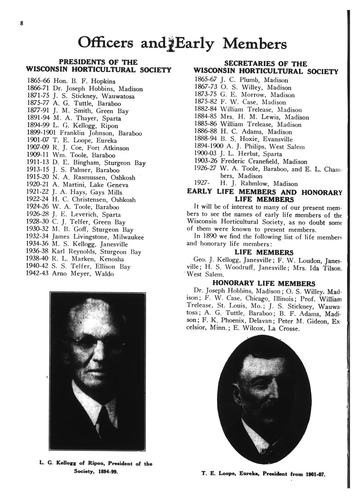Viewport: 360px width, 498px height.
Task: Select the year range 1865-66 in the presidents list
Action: pyautogui.click(x=38, y=81)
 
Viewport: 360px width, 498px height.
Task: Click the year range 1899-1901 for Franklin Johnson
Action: pyautogui.click(x=43, y=133)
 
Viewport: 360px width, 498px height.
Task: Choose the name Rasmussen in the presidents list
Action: pyautogui.click(x=90, y=177)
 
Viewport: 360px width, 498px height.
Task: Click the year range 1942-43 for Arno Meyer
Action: pyautogui.click(x=38, y=274)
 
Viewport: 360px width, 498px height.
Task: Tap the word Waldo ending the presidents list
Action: pyautogui.click(x=104, y=274)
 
